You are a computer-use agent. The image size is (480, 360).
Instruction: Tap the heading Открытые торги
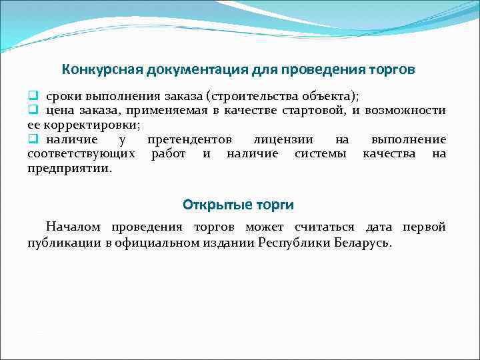(x=238, y=204)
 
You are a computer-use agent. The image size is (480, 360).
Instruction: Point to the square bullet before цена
(x=32, y=110)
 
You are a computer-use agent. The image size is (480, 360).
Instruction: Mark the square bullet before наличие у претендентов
(x=32, y=139)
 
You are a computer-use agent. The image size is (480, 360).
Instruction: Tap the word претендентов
(x=189, y=139)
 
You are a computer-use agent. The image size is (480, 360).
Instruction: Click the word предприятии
(x=69, y=169)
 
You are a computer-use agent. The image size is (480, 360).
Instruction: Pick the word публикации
(x=64, y=243)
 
